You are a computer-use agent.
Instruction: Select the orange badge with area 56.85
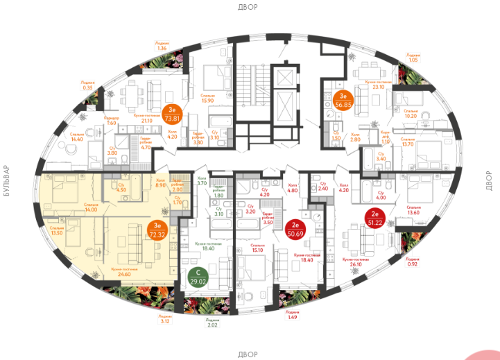(341, 101)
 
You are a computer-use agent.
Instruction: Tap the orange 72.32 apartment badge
(157, 230)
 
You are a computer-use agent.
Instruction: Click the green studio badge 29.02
(198, 277)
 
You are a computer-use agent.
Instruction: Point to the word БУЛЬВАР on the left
(7, 181)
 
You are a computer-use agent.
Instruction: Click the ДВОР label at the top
(248, 7)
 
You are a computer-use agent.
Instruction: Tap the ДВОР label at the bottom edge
(248, 354)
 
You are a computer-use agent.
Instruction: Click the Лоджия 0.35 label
(88, 85)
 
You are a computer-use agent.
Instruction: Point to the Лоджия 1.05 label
(413, 57)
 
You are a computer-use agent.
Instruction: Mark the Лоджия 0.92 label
(413, 262)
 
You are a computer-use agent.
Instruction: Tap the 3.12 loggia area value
(164, 322)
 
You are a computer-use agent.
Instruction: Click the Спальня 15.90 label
(207, 98)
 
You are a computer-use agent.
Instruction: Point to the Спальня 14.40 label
(76, 137)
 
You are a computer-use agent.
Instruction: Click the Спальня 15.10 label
(257, 248)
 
